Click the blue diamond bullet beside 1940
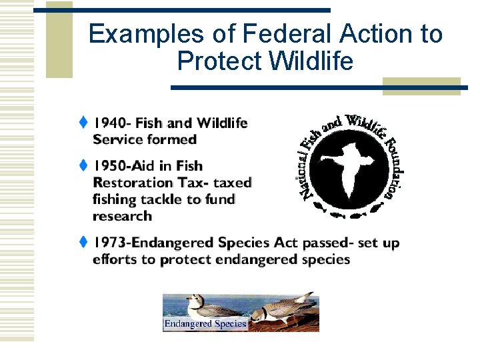(x=83, y=122)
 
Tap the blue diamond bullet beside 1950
(x=83, y=165)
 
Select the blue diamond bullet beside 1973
(x=83, y=242)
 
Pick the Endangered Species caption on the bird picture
(x=205, y=324)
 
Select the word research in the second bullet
(x=122, y=216)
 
